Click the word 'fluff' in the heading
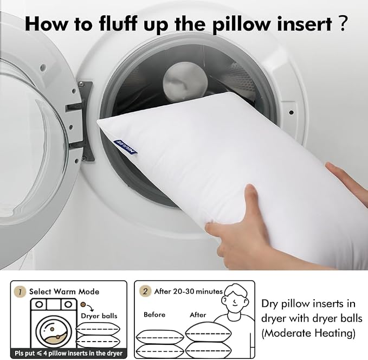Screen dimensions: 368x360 click(119, 24)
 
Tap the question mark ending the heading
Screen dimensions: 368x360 click(342, 23)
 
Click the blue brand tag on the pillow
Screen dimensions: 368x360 click(125, 147)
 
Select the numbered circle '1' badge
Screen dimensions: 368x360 click(20, 292)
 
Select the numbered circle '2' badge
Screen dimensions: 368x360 click(145, 292)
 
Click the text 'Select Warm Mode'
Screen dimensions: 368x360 click(64, 292)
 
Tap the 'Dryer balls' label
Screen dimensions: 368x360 click(99, 316)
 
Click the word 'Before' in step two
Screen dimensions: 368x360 click(154, 314)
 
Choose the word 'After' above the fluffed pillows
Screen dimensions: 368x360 click(198, 314)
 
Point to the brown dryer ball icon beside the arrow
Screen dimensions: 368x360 click(82, 305)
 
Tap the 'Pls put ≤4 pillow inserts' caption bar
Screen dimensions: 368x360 click(68, 353)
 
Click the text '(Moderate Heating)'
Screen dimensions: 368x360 click(308, 333)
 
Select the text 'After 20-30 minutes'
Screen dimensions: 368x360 click(188, 292)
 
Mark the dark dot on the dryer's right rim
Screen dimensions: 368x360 click(291, 112)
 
